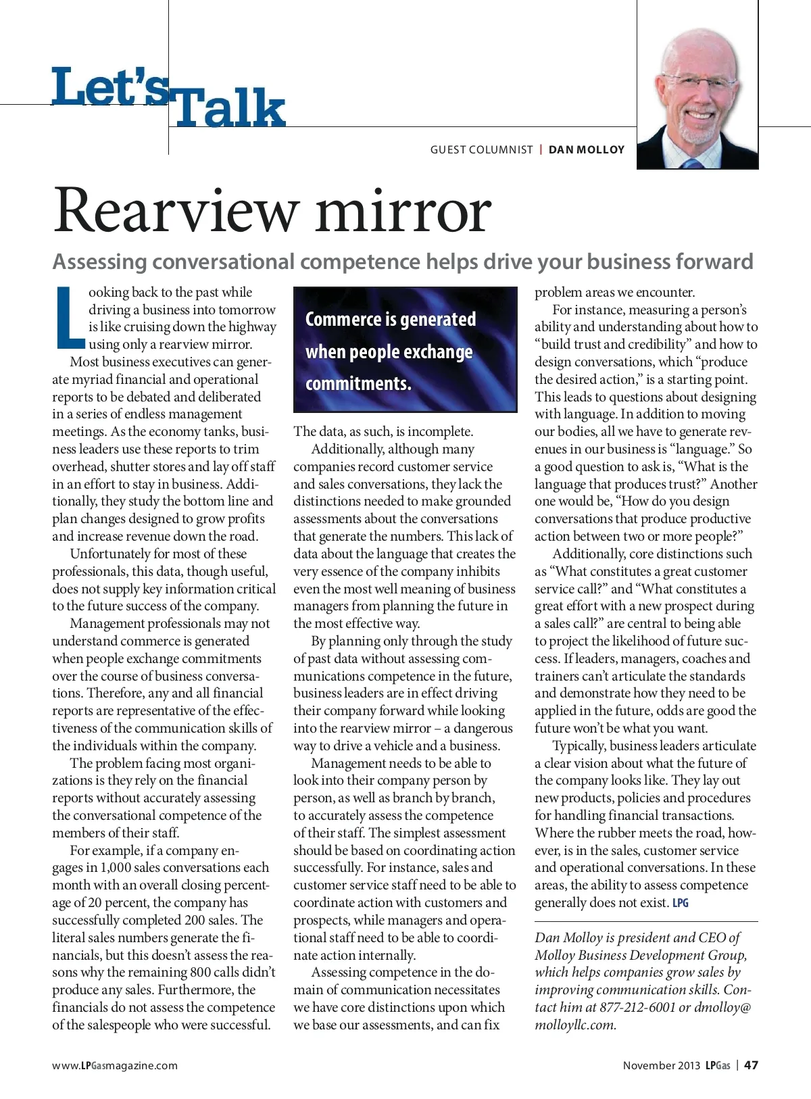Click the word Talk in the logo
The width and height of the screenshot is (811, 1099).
click(228, 109)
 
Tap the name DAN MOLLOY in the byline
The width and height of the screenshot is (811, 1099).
click(587, 149)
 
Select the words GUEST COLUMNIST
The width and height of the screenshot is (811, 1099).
click(482, 149)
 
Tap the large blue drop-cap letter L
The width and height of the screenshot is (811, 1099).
click(68, 317)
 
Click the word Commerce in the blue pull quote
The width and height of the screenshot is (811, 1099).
click(344, 319)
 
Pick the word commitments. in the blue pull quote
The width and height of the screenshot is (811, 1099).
click(358, 383)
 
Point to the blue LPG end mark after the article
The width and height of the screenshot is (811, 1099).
click(681, 903)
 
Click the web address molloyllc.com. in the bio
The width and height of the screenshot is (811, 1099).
click(575, 1025)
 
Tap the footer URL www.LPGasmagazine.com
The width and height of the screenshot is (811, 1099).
click(115, 1065)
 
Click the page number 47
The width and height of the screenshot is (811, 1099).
click(751, 1065)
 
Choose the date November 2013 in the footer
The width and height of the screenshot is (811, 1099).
click(661, 1065)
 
